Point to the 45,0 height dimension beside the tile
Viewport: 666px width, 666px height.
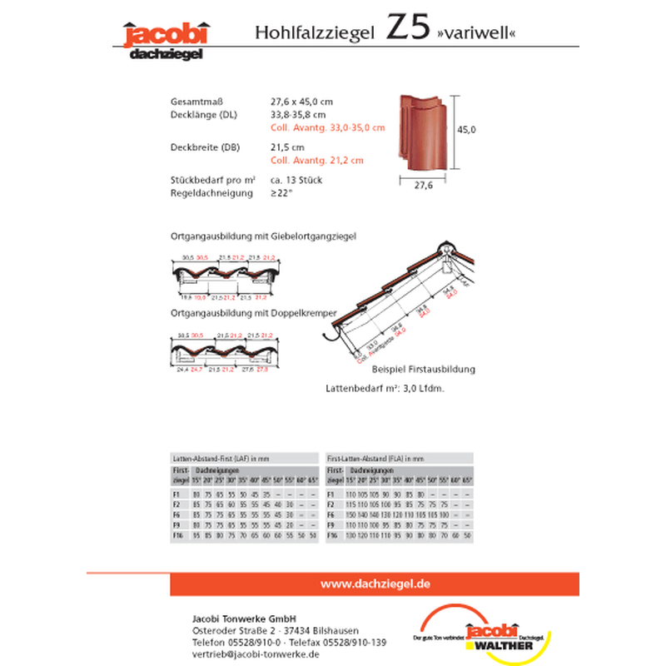[x=467, y=130]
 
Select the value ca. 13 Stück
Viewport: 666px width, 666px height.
[x=296, y=180]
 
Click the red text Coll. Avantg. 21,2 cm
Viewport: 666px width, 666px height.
[x=317, y=161]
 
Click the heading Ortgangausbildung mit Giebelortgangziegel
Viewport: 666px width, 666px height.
[x=263, y=236]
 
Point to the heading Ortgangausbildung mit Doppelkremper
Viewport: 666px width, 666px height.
[x=253, y=313]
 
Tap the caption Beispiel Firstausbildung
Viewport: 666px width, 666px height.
[x=424, y=368]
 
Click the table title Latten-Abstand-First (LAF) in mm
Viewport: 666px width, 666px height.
[x=221, y=459]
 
